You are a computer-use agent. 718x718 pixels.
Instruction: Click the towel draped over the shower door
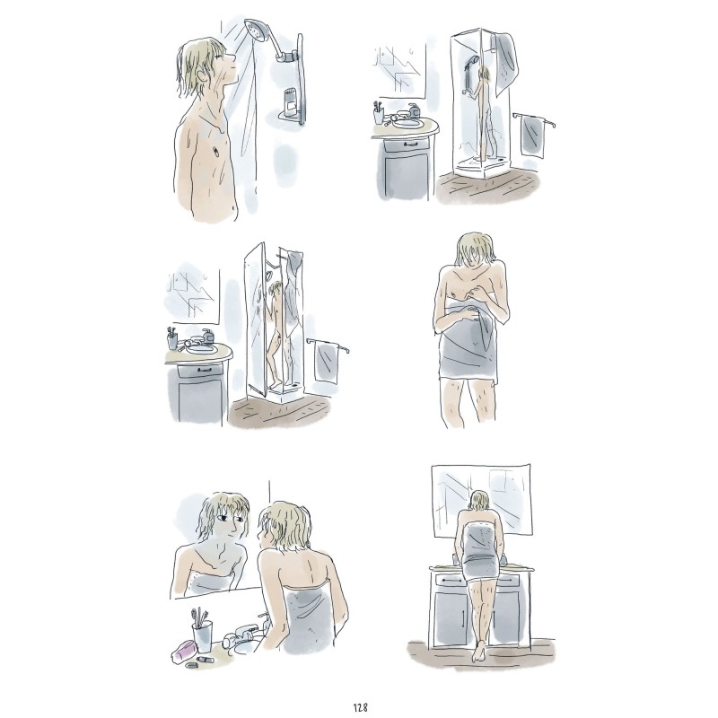(x=506, y=57)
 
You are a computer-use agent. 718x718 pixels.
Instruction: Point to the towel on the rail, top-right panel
(x=532, y=136)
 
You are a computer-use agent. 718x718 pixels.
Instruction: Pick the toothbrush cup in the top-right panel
(x=378, y=116)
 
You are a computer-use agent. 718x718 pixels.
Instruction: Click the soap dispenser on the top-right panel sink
(x=414, y=109)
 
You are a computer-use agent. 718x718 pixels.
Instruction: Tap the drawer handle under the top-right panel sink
(x=408, y=144)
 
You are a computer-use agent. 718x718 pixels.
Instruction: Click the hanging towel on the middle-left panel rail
(x=326, y=363)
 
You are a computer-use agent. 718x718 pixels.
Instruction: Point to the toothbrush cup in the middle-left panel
(x=172, y=341)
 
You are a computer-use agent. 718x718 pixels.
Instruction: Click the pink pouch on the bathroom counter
(x=184, y=650)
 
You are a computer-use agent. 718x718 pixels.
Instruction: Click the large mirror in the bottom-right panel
(x=482, y=501)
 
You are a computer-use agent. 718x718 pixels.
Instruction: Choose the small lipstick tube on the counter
(x=206, y=659)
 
